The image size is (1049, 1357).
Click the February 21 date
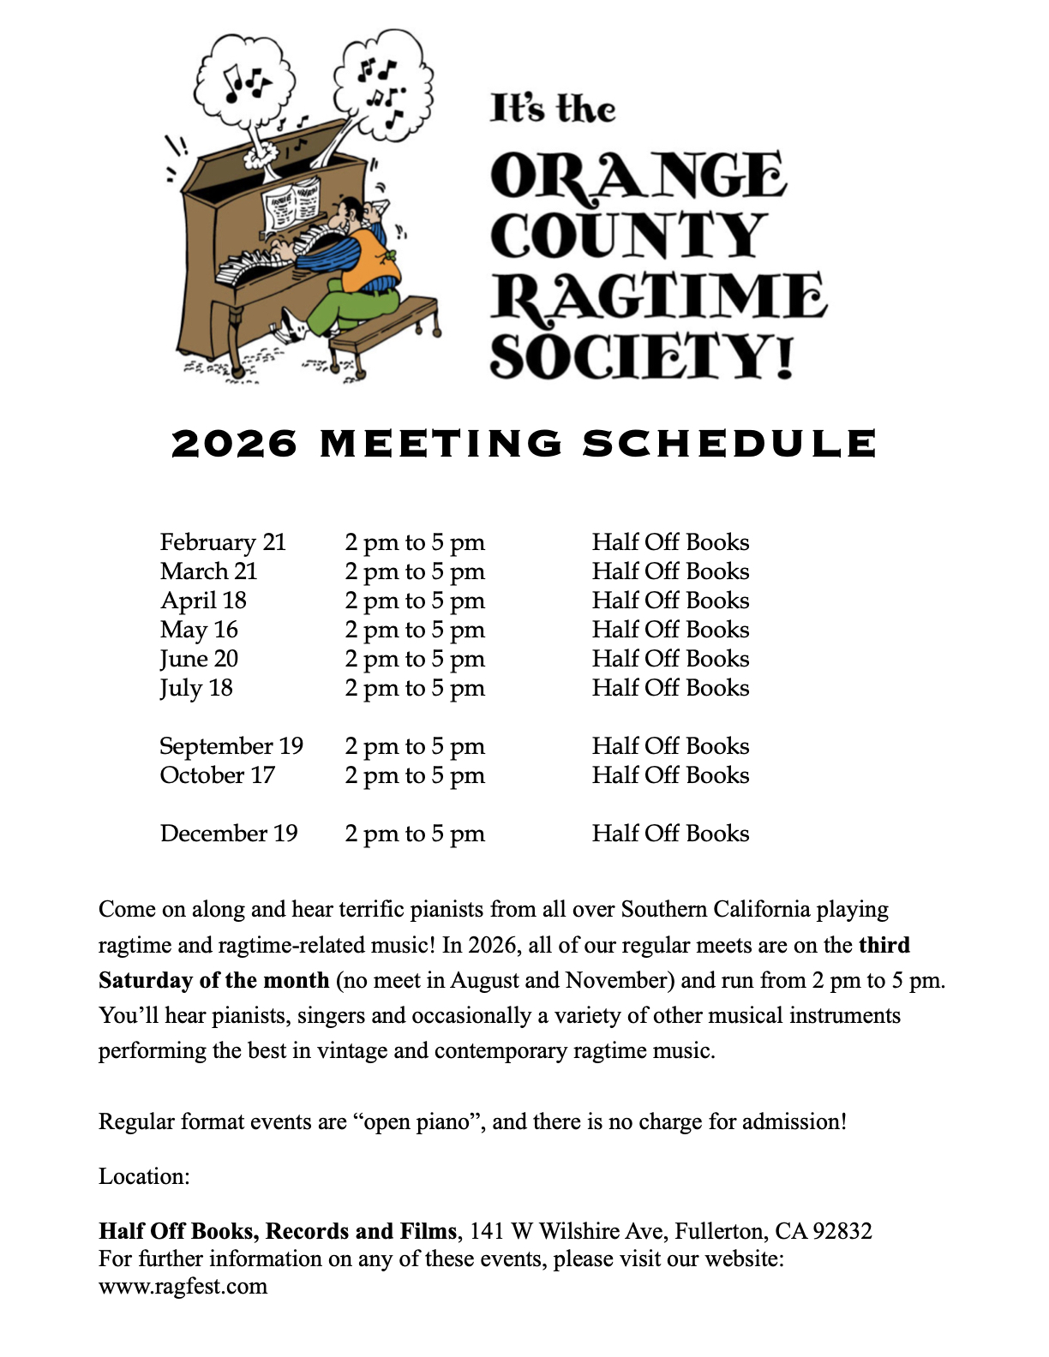pyautogui.click(x=223, y=542)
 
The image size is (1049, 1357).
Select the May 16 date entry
pyautogui.click(x=199, y=630)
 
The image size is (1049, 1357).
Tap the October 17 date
pyautogui.click(x=217, y=775)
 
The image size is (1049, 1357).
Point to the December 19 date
pyautogui.click(x=228, y=834)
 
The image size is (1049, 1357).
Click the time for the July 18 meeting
pyautogui.click(x=415, y=688)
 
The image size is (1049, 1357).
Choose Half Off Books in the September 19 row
pyautogui.click(x=670, y=746)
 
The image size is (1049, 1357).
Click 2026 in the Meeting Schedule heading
pyautogui.click(x=235, y=444)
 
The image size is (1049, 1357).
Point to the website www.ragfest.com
pyautogui.click(x=183, y=1286)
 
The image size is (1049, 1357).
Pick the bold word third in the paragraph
pyautogui.click(x=884, y=945)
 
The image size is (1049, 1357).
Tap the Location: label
pyautogui.click(x=144, y=1176)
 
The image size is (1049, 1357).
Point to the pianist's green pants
pyautogui.click(x=351, y=308)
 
